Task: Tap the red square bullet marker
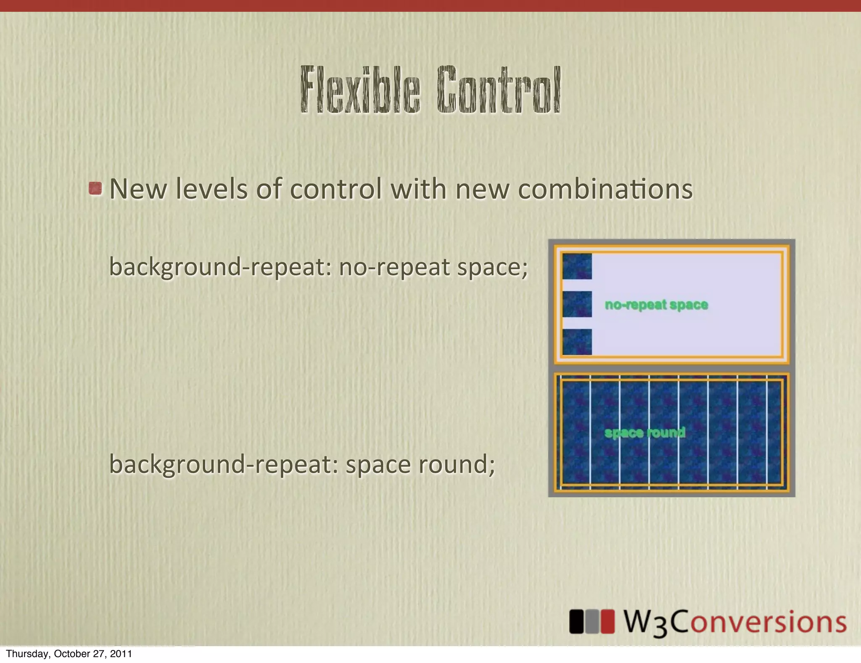point(95,188)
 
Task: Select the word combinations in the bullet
point(605,189)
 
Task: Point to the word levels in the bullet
point(211,189)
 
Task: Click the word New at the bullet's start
point(137,189)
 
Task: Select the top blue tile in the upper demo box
point(577,266)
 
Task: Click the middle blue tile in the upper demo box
point(577,304)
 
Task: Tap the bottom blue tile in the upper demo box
point(577,342)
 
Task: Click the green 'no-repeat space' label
point(656,305)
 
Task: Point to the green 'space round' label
point(644,432)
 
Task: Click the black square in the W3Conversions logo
point(576,622)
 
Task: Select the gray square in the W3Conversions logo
point(592,622)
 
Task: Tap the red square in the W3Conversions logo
point(607,622)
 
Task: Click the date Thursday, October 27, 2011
point(69,654)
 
